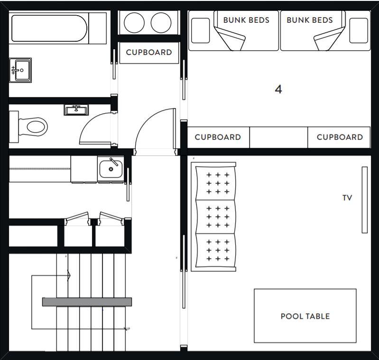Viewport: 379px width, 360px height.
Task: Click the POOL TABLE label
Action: pyautogui.click(x=305, y=316)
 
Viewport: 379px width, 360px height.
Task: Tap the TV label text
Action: pyautogui.click(x=347, y=198)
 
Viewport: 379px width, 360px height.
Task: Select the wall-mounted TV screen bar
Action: pyautogui.click(x=364, y=200)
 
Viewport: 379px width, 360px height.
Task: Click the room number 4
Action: pyautogui.click(x=278, y=90)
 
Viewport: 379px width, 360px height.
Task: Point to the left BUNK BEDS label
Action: pyautogui.click(x=246, y=20)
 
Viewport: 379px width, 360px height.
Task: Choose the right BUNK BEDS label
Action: pyautogui.click(x=310, y=20)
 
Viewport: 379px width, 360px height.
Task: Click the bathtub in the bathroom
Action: pyautogui.click(x=49, y=28)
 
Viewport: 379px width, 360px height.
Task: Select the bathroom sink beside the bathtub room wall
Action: pyautogui.click(x=20, y=70)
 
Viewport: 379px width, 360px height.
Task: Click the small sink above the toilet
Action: pyautogui.click(x=76, y=110)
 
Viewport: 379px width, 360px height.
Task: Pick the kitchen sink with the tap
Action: pyautogui.click(x=111, y=168)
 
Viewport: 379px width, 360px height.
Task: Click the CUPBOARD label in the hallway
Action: pyautogui.click(x=149, y=53)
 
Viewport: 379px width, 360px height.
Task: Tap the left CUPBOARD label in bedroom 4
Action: pyautogui.click(x=218, y=137)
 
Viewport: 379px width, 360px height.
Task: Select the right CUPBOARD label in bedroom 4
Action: pyautogui.click(x=340, y=137)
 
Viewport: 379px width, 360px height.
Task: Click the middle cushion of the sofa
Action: pyautogui.click(x=215, y=216)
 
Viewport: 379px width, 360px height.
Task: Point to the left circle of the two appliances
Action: pyautogui.click(x=134, y=23)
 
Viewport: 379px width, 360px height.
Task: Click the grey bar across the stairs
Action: pyautogui.click(x=87, y=302)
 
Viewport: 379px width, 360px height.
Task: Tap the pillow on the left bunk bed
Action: pyautogui.click(x=200, y=30)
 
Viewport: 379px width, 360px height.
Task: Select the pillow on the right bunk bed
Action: pyautogui.click(x=359, y=30)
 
